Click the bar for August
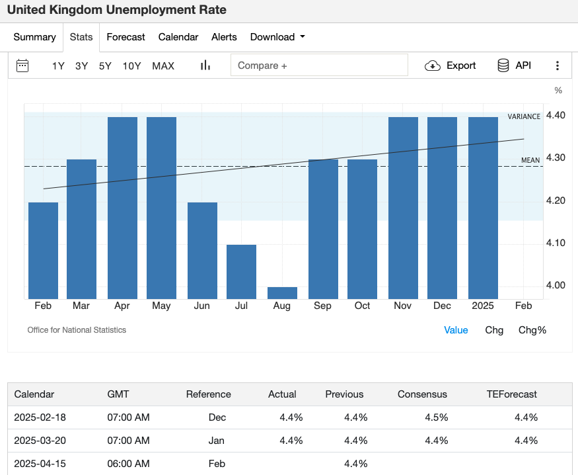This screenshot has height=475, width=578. point(282,293)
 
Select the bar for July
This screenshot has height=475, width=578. point(242,272)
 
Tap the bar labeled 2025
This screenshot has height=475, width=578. point(483,208)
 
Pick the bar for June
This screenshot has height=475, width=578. point(202,251)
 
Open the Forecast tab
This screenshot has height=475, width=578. point(126,37)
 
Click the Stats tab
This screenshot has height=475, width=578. point(81,37)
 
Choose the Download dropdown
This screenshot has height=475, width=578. point(277,37)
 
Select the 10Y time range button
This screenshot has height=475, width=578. point(131,65)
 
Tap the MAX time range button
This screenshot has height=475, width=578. point(163,65)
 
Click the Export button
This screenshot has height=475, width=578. point(450,65)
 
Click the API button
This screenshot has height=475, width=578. point(514,65)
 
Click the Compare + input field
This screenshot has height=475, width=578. point(319,65)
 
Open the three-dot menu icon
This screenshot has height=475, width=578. point(558,65)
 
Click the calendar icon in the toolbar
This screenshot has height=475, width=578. point(22,65)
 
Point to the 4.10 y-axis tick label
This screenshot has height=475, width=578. point(556,243)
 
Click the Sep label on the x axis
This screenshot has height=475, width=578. point(322,306)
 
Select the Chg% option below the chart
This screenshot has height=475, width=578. point(532,330)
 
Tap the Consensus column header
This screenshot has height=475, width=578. point(422,394)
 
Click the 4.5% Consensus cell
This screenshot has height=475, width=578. point(437,417)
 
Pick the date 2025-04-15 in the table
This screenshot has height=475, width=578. point(40,464)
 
